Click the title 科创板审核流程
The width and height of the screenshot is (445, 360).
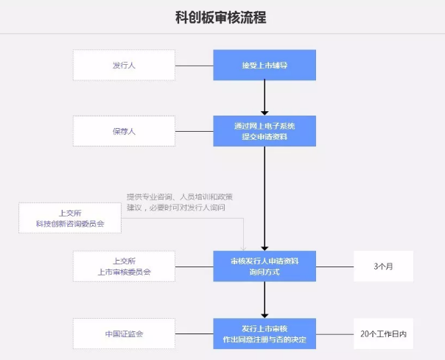pyautogui.click(x=222, y=16)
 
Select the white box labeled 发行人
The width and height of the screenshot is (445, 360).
pyautogui.click(x=124, y=66)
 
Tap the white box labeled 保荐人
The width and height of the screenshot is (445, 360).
pyautogui.click(x=124, y=131)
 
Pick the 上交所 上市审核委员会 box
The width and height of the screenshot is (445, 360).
pyautogui.click(x=124, y=266)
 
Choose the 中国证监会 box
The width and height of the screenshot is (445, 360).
pyautogui.click(x=124, y=333)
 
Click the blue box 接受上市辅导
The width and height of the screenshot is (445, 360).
pyautogui.click(x=264, y=65)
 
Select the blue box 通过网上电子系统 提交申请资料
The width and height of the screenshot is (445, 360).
pyautogui.click(x=264, y=131)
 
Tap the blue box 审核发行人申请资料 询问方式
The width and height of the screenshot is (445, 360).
pyautogui.click(x=264, y=266)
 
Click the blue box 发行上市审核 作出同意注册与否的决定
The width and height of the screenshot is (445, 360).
pyautogui.click(x=264, y=333)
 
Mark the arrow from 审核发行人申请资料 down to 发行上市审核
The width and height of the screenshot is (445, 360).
pyautogui.click(x=264, y=299)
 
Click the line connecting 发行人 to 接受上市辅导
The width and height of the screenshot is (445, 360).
pyautogui.click(x=195, y=66)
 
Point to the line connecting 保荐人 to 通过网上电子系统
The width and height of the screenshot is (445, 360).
pyautogui.click(x=195, y=131)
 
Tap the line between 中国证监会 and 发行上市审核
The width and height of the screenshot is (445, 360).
pyautogui.click(x=195, y=333)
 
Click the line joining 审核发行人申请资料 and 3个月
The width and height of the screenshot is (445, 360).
pyautogui.click(x=334, y=266)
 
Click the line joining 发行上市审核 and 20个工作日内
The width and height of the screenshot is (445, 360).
pyautogui.click(x=334, y=333)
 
